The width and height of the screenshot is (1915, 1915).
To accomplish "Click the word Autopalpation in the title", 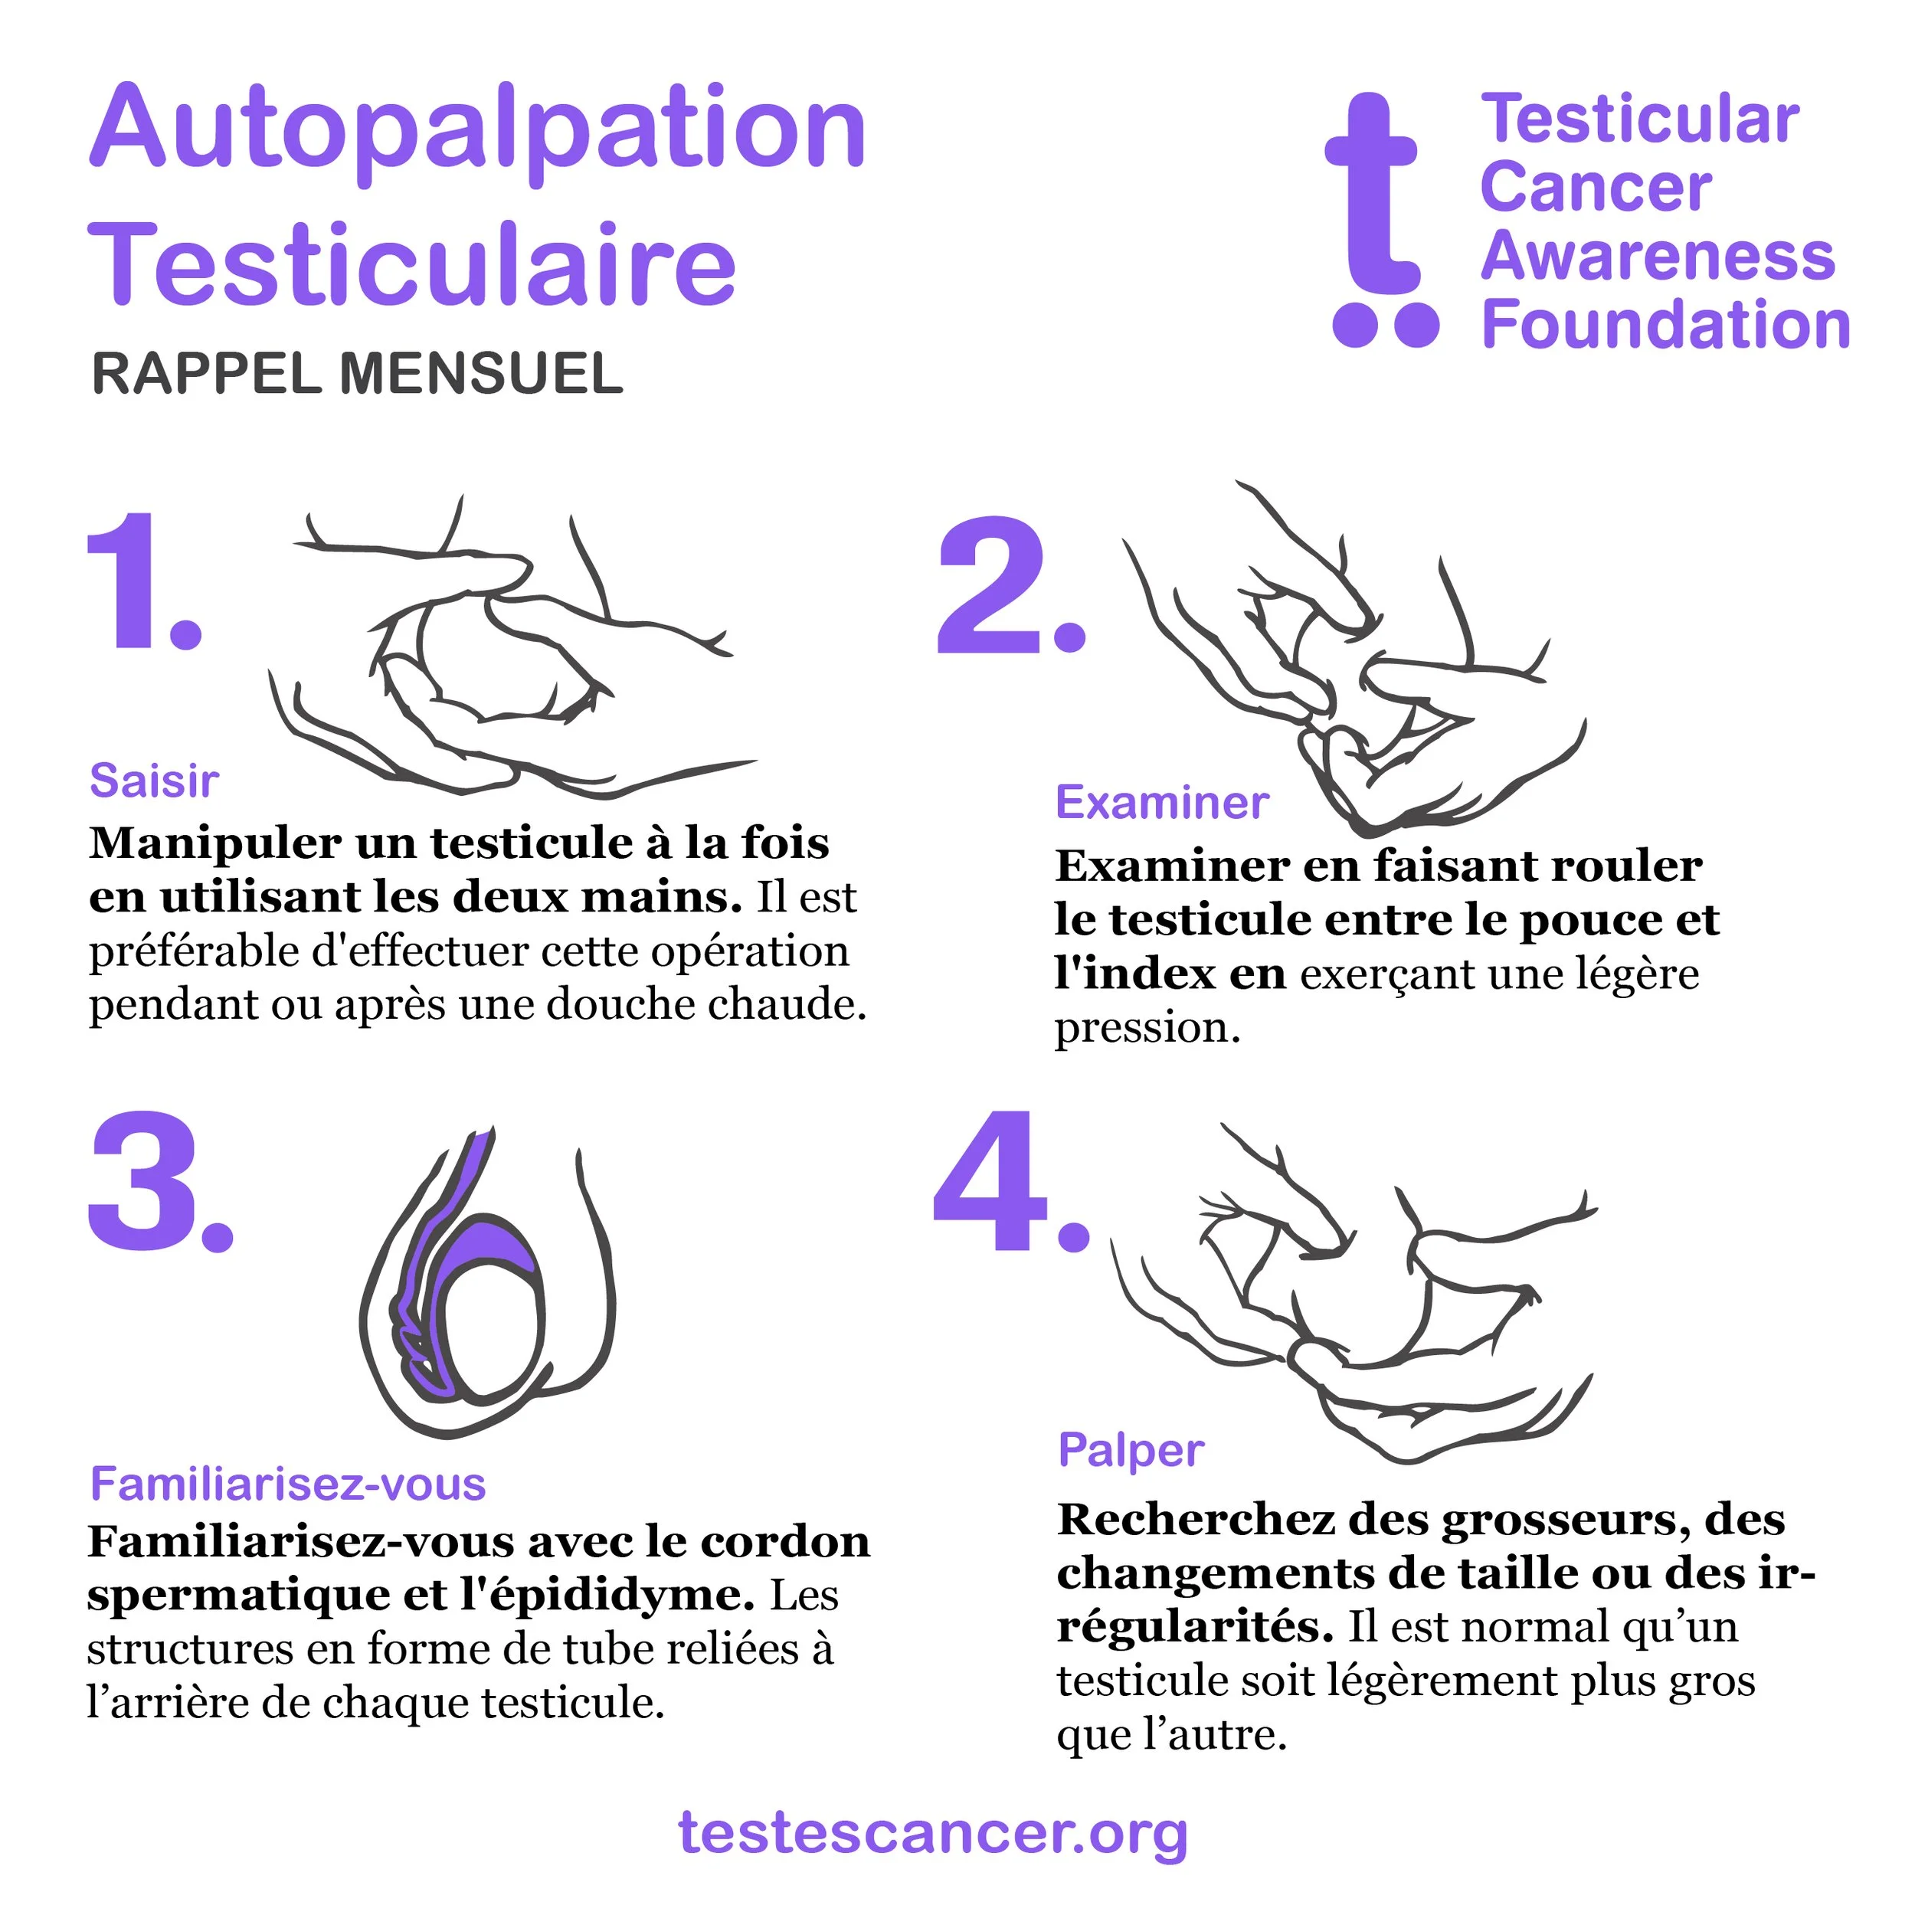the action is point(479,134).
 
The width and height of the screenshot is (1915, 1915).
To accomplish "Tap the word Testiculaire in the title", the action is point(412,263).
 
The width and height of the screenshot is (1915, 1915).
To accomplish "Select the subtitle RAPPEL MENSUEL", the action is point(357,374).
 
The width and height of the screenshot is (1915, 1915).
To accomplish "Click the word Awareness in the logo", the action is point(1658,256).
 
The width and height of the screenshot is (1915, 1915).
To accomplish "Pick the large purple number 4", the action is point(1011,1180).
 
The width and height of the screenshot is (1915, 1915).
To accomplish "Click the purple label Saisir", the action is point(154,781).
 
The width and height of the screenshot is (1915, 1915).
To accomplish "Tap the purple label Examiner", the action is point(1162,803).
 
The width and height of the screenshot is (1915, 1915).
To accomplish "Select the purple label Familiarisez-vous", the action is point(287,1485).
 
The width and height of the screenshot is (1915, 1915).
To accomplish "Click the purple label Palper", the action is point(1131,1451).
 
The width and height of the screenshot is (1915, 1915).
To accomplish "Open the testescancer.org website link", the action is point(933,1834).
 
